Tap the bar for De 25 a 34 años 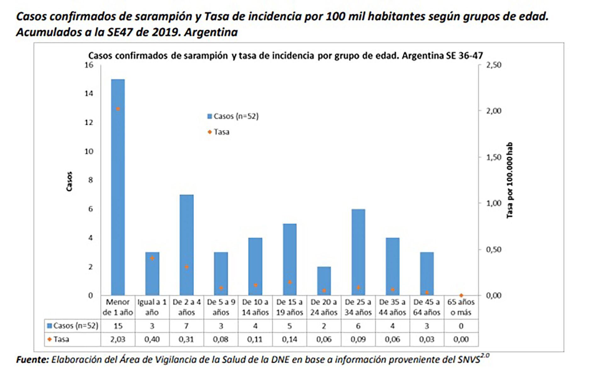point(358,252)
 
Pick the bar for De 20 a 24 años point(324,281)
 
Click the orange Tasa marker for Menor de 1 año point(118,109)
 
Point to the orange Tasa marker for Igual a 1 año point(152,258)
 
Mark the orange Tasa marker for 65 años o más point(461,295)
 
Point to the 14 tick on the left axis point(89,93)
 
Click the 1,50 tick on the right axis point(494,157)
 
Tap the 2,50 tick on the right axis point(494,65)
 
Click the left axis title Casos point(69,182)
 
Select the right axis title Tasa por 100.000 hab point(510,180)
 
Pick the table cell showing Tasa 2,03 point(118,339)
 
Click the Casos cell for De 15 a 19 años point(289,326)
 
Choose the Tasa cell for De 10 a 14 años point(255,339)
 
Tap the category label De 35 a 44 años point(392,307)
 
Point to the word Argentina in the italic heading point(211,32)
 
